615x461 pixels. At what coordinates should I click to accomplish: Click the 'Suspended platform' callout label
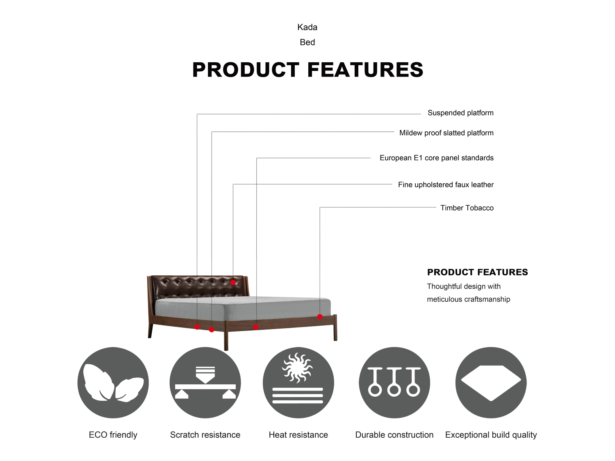(460, 113)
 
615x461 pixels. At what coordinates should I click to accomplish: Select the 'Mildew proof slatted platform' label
(446, 133)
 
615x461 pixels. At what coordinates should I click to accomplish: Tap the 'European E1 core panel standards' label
(437, 158)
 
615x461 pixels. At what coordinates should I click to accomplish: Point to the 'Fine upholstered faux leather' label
(446, 185)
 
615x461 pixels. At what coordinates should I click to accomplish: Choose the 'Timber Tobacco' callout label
(467, 208)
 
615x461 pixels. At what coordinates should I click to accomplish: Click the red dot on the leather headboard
(233, 282)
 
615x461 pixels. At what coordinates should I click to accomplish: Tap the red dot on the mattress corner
(320, 317)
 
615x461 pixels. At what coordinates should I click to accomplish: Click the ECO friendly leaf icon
(113, 383)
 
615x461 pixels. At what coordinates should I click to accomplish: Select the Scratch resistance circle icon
(205, 383)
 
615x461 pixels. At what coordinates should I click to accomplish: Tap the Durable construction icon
(394, 383)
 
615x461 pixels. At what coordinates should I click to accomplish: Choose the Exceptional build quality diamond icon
(491, 383)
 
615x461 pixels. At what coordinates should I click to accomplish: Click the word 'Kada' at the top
(307, 27)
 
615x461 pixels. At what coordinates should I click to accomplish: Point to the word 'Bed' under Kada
(307, 42)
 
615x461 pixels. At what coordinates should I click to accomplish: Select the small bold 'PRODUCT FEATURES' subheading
(477, 272)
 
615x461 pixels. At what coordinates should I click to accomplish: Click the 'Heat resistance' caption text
(298, 435)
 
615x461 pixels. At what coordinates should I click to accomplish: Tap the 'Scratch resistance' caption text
(205, 435)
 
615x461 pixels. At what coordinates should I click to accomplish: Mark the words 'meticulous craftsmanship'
(469, 299)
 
